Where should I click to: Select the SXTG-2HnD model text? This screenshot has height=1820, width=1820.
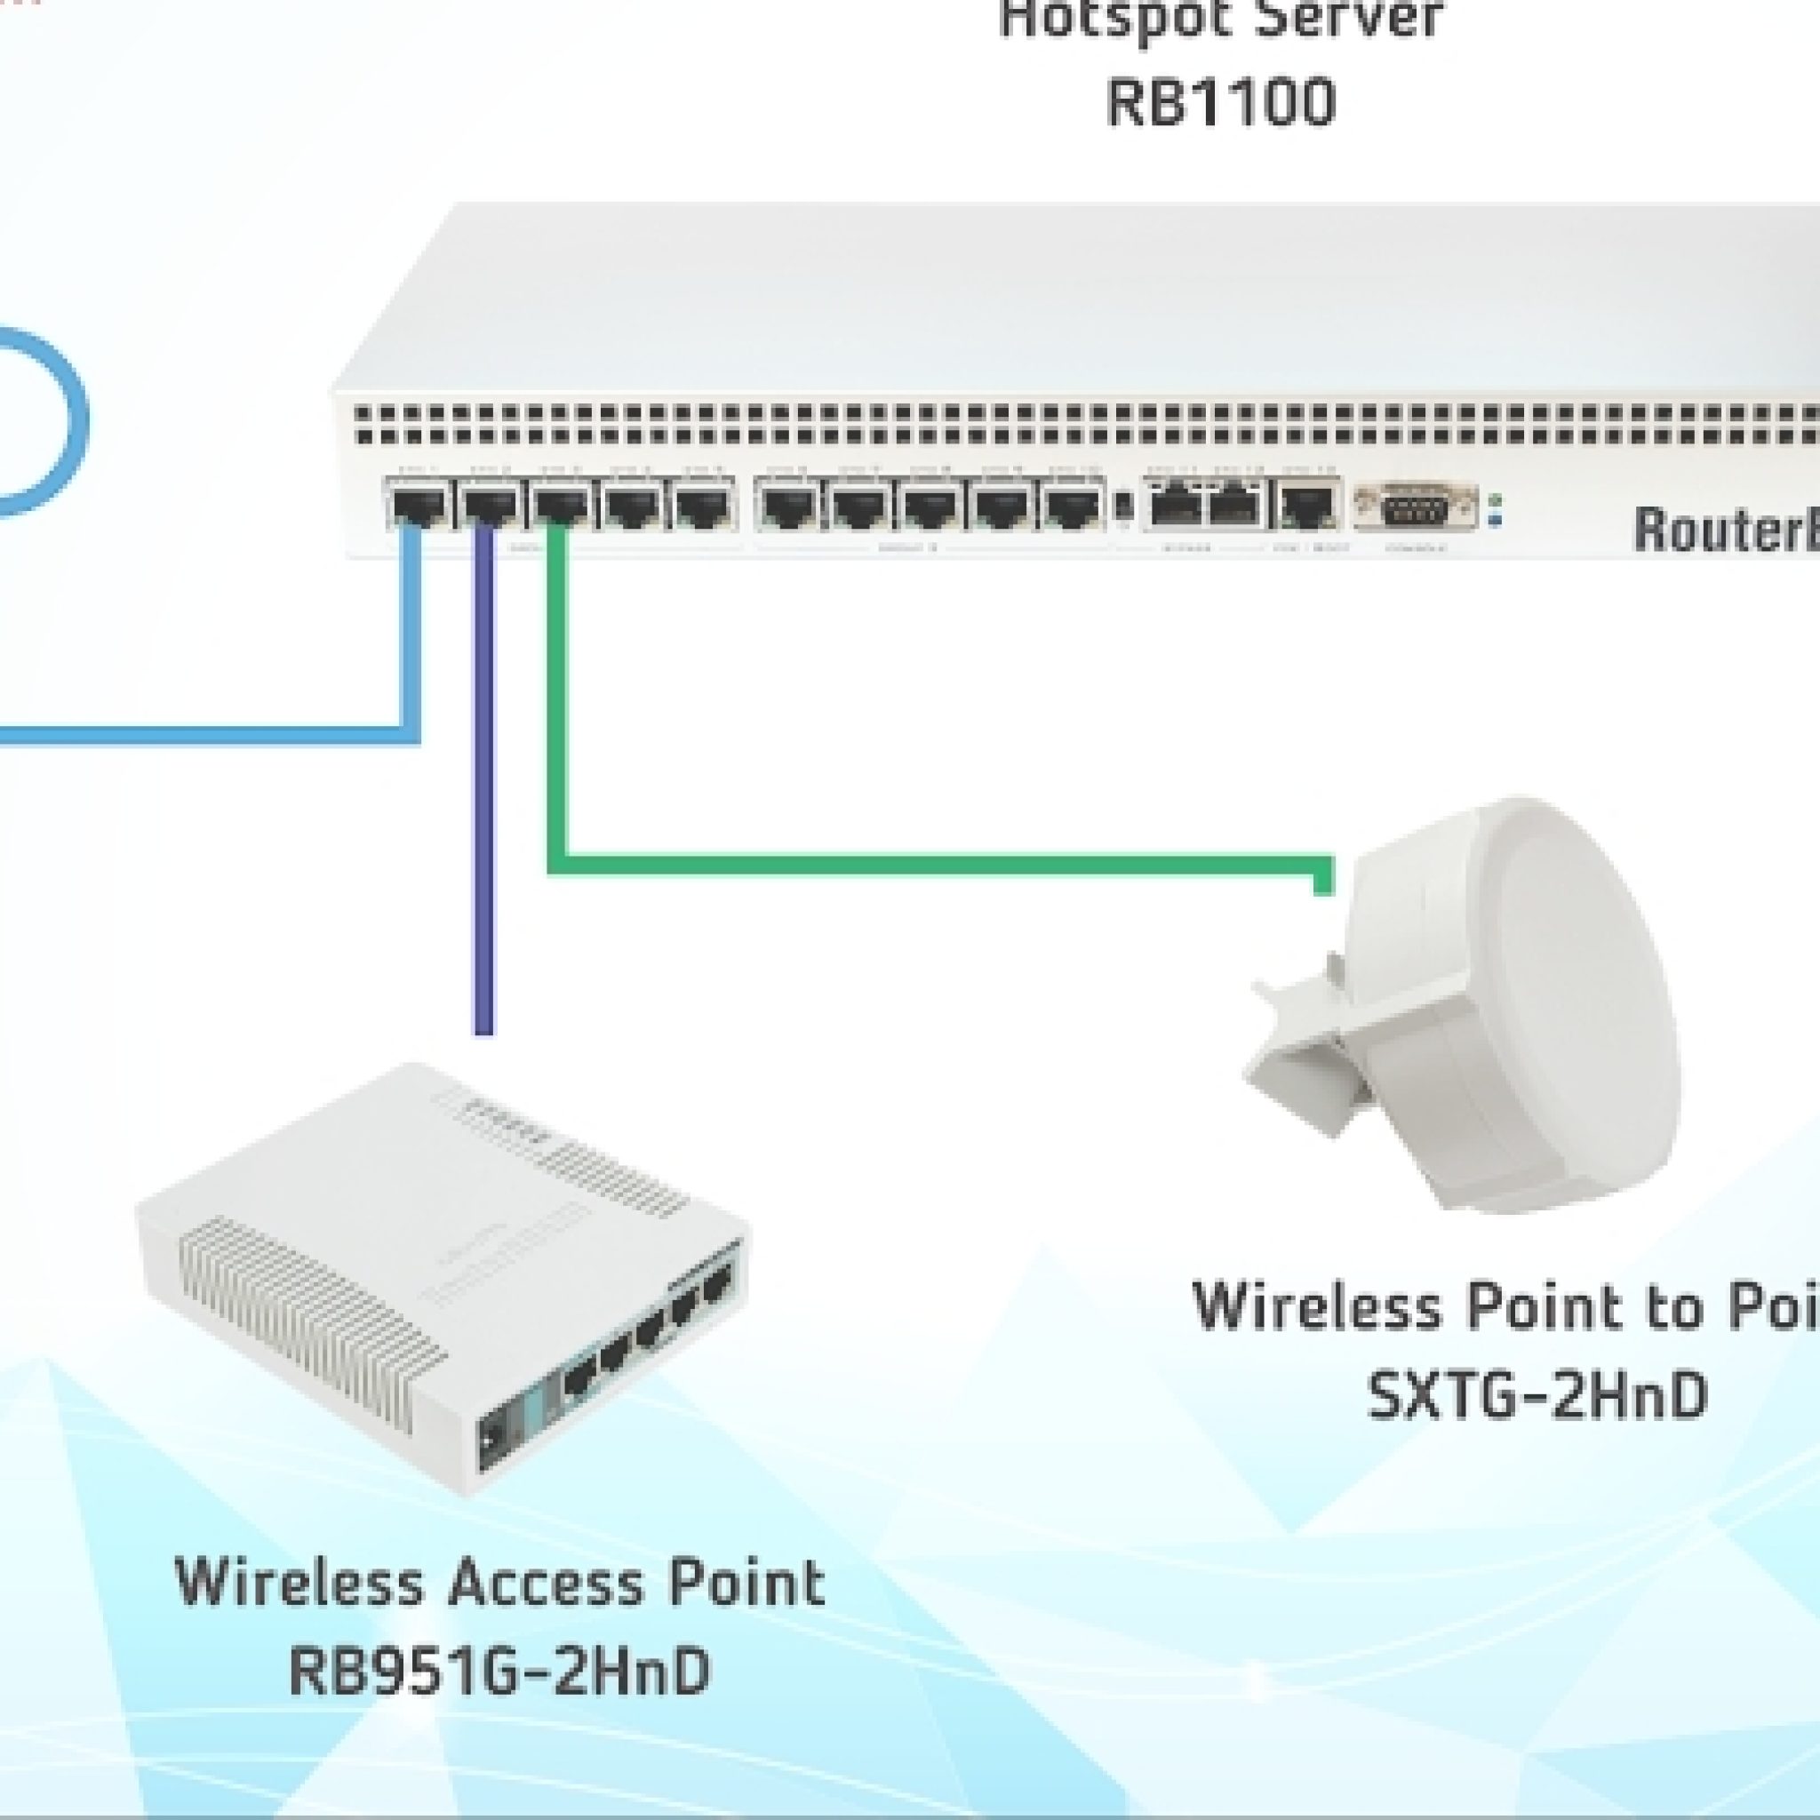(x=1537, y=1395)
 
